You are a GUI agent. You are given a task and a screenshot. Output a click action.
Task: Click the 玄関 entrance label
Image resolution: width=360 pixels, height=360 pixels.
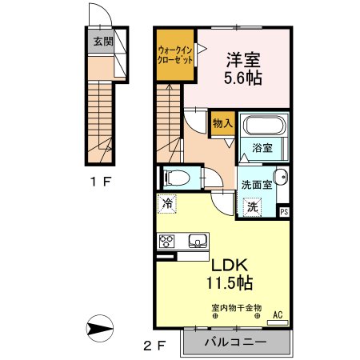pyautogui.click(x=103, y=42)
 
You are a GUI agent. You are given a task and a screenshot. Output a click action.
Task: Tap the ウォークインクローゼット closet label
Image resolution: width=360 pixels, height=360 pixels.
pyautogui.click(x=175, y=54)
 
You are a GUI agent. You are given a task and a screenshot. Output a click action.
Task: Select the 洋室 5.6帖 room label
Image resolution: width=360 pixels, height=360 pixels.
pyautogui.click(x=243, y=69)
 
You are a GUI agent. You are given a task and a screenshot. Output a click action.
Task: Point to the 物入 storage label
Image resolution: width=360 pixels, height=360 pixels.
pyautogui.click(x=222, y=123)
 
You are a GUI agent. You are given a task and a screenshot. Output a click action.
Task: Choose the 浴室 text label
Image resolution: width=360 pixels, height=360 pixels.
pyautogui.click(x=262, y=148)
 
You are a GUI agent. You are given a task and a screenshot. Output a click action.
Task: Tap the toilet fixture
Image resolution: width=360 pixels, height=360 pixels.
pyautogui.click(x=178, y=178)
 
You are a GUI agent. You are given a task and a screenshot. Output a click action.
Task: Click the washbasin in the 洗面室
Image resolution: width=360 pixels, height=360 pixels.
pyautogui.click(x=281, y=177)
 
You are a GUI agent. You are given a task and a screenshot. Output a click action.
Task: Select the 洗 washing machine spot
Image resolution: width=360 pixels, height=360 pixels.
pyautogui.click(x=253, y=207)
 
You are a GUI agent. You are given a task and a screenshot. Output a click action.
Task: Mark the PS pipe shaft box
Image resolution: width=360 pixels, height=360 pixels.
pyautogui.click(x=284, y=212)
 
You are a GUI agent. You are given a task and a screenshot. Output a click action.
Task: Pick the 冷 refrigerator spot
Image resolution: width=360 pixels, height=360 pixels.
pyautogui.click(x=167, y=204)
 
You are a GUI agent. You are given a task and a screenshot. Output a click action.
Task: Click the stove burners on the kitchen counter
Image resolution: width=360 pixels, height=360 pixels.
pyautogui.click(x=166, y=242)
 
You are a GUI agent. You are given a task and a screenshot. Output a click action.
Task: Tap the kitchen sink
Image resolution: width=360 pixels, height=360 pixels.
pyautogui.click(x=198, y=241)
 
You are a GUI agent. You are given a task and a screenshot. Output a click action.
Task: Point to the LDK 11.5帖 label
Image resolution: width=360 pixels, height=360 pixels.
pyautogui.click(x=230, y=274)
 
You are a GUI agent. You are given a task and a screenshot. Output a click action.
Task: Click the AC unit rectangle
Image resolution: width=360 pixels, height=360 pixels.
pyautogui.click(x=278, y=323)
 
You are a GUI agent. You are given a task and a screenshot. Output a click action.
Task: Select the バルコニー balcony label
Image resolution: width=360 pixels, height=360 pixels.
pyautogui.click(x=236, y=342)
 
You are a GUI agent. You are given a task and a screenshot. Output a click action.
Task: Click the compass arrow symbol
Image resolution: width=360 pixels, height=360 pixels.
pyautogui.click(x=100, y=328)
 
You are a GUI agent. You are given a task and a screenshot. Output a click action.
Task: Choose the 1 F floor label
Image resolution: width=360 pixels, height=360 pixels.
pyautogui.click(x=100, y=182)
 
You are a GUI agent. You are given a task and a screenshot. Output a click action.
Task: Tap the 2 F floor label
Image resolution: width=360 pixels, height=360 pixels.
pyautogui.click(x=155, y=346)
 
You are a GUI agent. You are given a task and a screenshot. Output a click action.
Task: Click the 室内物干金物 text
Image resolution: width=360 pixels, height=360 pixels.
pyautogui.click(x=237, y=308)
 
